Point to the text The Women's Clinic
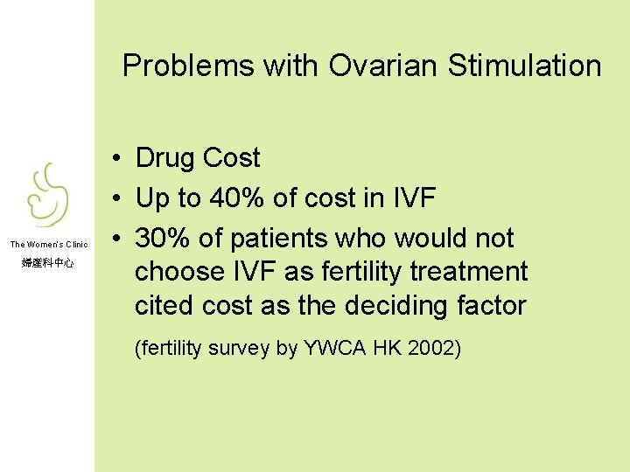(49, 244)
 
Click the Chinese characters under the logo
(48, 262)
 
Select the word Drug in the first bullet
(165, 158)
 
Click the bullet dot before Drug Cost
(115, 159)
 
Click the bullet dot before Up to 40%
(115, 199)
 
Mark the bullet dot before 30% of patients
(115, 239)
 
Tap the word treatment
(469, 272)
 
